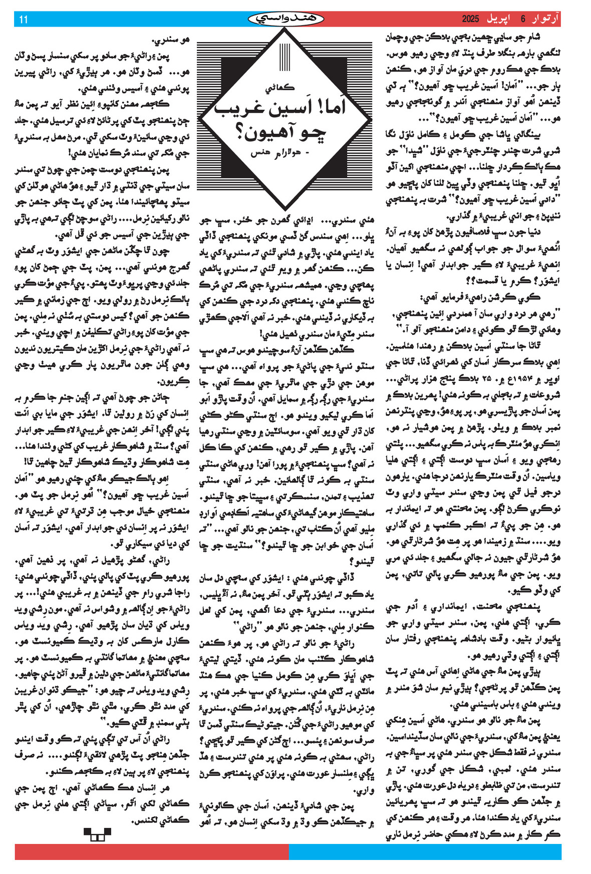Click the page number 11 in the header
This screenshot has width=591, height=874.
click(23, 20)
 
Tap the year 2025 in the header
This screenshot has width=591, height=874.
click(471, 20)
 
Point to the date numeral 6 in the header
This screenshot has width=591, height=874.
click(523, 20)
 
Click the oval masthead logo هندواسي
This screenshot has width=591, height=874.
click(286, 19)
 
